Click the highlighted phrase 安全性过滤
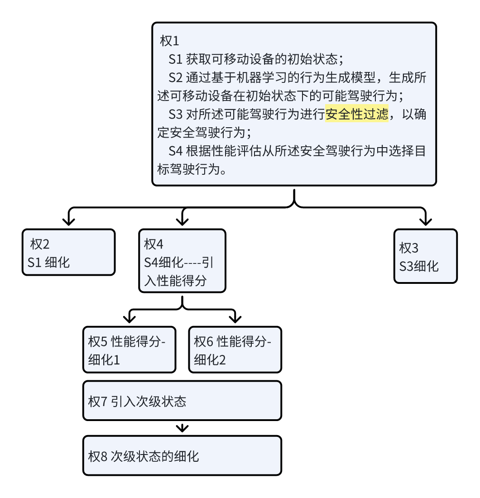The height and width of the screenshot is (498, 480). (357, 115)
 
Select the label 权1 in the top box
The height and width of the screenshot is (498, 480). (170, 41)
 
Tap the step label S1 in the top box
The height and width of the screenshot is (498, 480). (175, 59)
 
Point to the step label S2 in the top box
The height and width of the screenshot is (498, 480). (175, 78)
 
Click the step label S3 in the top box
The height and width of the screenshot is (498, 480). (175, 115)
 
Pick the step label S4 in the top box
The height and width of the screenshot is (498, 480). (175, 151)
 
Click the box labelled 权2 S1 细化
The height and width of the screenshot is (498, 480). (68, 252)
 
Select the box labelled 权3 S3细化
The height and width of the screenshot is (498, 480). (425, 256)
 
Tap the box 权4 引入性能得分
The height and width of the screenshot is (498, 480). (182, 261)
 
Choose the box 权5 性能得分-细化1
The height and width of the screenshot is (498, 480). (129, 350)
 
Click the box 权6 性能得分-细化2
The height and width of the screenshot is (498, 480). (235, 350)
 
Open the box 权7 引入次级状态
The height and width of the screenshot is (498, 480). (182, 401)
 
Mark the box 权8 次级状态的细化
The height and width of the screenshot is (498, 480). (182, 455)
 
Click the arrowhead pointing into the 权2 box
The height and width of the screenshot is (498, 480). (68, 221)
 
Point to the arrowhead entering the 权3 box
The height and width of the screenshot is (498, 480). (425, 221)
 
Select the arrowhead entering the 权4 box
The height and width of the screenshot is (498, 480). (182, 221)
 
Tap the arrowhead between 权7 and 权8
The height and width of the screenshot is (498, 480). (182, 428)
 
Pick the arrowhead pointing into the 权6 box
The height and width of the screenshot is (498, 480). (235, 319)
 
